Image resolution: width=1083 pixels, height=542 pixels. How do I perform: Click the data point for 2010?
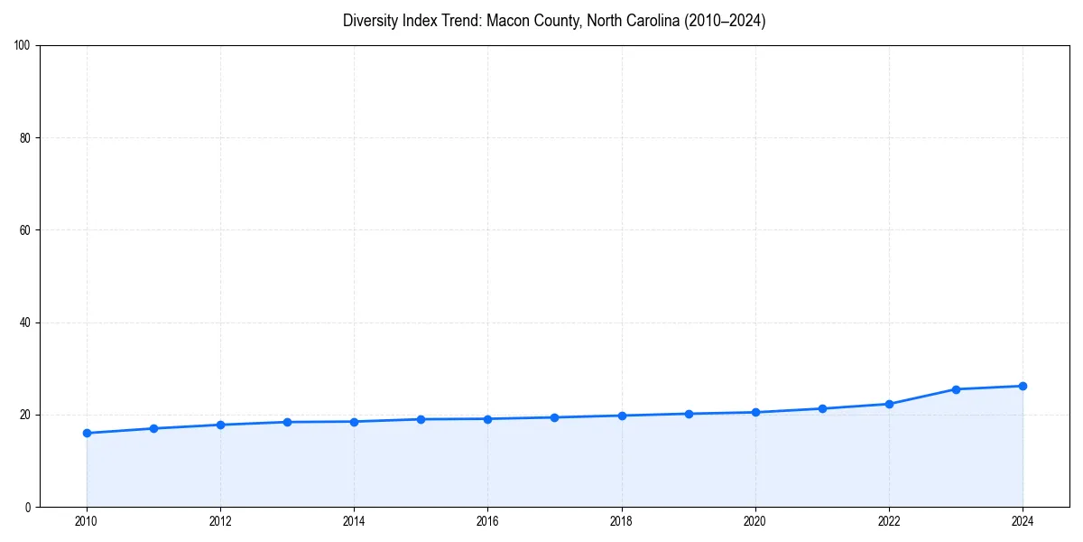coord(87,433)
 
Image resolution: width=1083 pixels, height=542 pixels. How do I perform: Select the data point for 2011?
coord(153,428)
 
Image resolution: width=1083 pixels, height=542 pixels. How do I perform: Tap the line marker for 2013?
coord(287,422)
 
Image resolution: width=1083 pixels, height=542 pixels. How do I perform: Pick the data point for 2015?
coord(421,419)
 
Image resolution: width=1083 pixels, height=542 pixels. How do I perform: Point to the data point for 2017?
coord(554,417)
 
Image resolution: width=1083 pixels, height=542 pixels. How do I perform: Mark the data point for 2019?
coord(689,414)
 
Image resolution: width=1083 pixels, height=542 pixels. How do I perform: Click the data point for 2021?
coord(822,408)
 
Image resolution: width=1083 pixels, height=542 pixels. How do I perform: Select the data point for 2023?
coord(956,389)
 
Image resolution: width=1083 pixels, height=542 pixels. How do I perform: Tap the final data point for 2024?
coord(1023,386)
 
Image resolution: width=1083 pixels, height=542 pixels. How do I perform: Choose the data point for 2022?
coord(889,404)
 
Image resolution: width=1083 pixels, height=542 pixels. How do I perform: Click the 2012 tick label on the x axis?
coord(220,521)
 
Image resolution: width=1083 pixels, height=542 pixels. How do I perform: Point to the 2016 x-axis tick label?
coord(487,521)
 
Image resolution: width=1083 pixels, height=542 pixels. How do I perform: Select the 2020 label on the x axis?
coord(755,521)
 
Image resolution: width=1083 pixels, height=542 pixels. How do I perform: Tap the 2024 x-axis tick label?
coord(1023,521)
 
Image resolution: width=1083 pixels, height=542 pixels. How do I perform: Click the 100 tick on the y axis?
coord(23,45)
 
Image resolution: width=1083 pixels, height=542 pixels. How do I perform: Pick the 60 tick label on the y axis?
coord(25,230)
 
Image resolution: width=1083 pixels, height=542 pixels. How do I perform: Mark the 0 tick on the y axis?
coord(28,507)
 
